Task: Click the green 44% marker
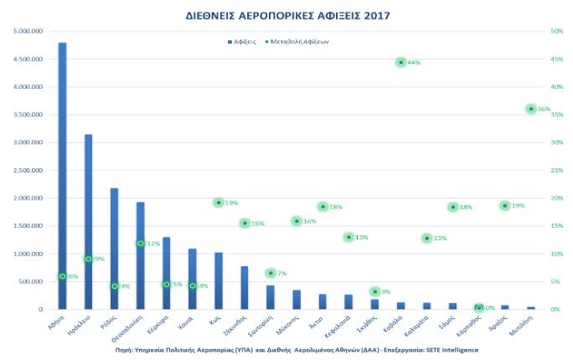point(401,63)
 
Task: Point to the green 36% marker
point(531,109)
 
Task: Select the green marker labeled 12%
point(141,244)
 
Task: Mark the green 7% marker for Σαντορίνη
point(271,273)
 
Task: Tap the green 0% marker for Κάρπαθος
point(478,308)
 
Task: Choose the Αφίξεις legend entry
point(243,41)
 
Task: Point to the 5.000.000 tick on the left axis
point(29,31)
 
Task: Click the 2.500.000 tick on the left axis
point(29,170)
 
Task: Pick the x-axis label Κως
point(216,319)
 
